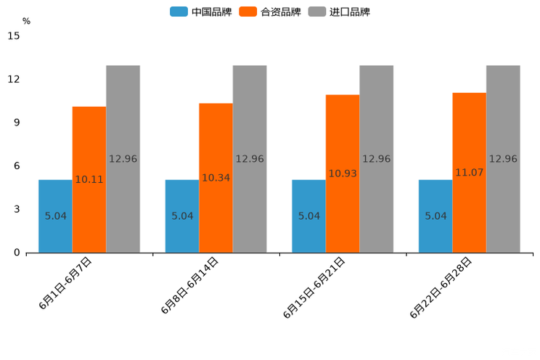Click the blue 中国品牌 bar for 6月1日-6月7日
pos(55,216)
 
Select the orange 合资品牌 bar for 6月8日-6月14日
pos(216,178)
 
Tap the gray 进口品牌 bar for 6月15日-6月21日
pos(376,159)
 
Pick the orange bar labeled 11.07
pos(469,173)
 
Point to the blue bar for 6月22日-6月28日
pos(435,216)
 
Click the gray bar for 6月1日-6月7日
pos(123,159)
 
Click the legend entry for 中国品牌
pos(200,12)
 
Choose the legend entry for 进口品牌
pos(340,12)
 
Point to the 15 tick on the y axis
pos(14,36)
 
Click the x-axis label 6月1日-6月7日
pos(65,284)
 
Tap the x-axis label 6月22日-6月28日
pos(441,288)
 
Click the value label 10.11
pos(89,179)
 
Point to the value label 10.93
pos(343,173)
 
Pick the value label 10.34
pos(216,178)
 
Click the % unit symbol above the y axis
pos(26,21)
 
